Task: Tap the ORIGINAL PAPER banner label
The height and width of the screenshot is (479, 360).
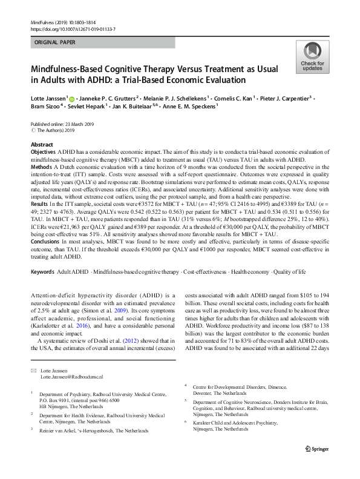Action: (56, 43)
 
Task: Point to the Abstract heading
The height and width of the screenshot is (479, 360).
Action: (42, 145)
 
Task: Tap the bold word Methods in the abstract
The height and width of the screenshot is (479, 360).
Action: (41, 166)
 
